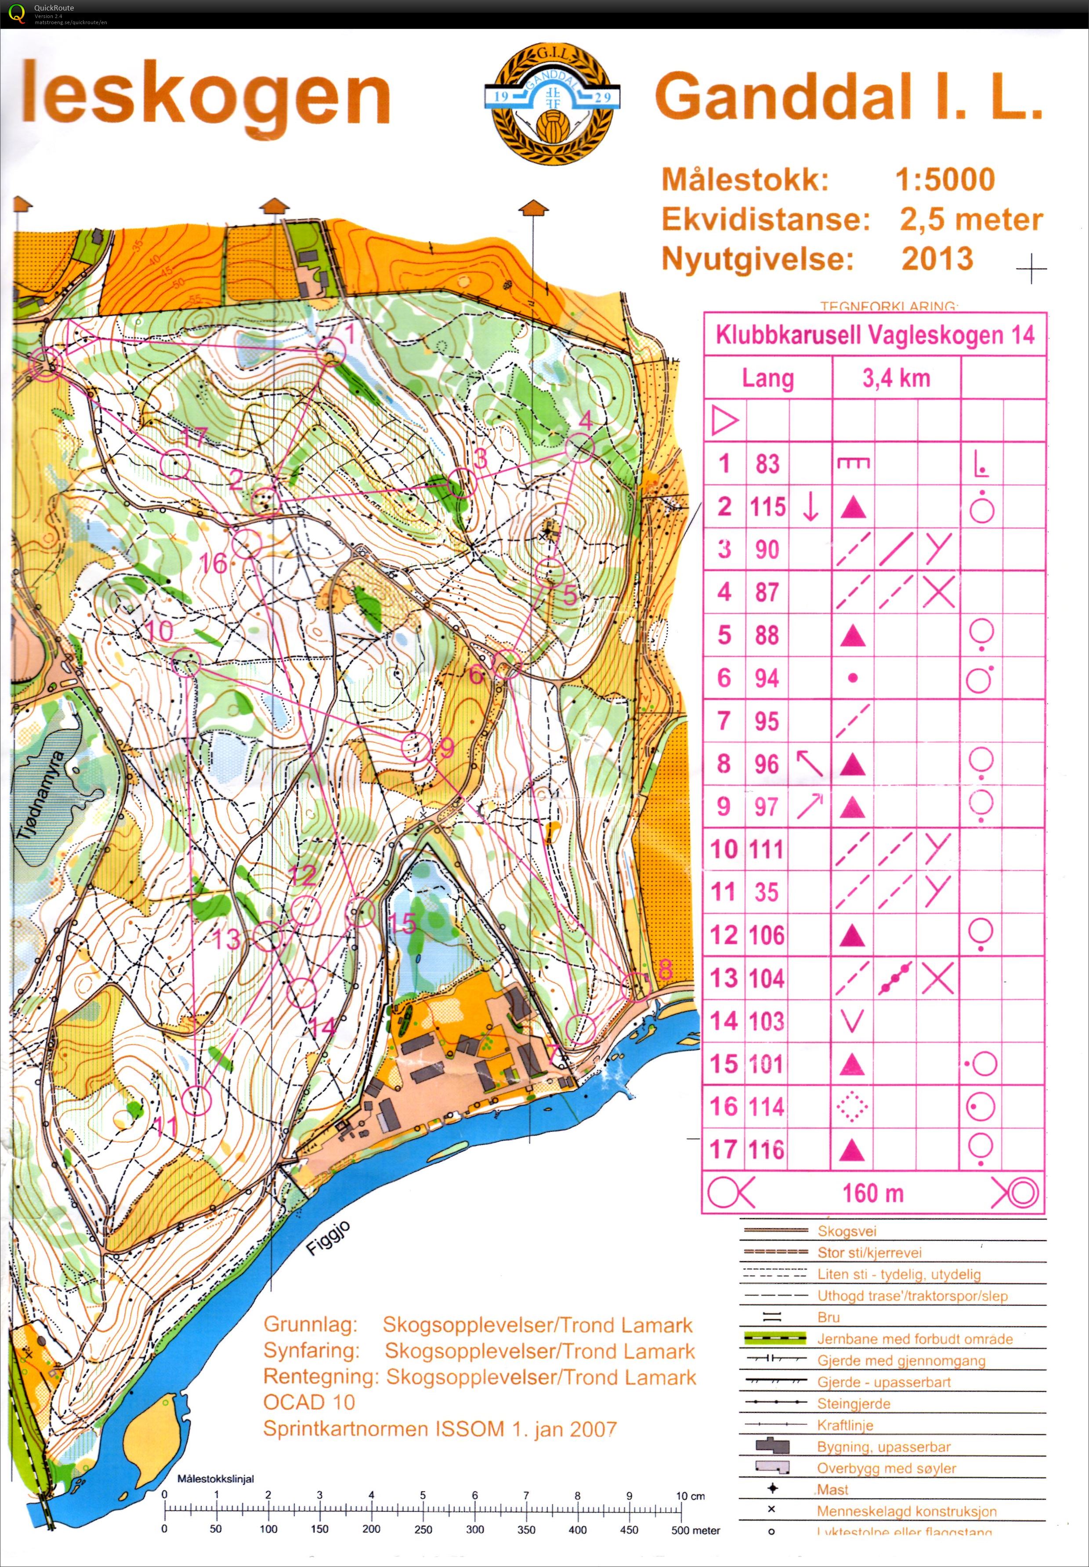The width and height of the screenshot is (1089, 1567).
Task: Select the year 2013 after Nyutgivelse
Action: click(937, 259)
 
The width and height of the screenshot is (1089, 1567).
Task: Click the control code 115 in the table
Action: click(767, 507)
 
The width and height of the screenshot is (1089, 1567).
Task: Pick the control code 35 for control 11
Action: click(766, 892)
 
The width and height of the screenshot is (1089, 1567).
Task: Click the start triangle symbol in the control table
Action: click(725, 421)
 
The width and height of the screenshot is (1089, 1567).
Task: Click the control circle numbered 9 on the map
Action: click(416, 747)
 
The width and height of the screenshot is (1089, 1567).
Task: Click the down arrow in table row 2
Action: click(810, 507)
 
